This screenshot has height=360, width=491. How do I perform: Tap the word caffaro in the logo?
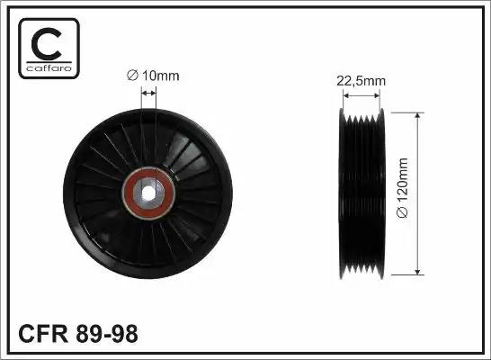(x=49, y=67)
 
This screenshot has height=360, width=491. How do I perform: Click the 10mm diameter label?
(x=153, y=76)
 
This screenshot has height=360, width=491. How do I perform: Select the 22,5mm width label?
(x=361, y=81)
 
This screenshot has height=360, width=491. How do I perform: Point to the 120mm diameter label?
(x=402, y=188)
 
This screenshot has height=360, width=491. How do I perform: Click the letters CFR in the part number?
(x=43, y=334)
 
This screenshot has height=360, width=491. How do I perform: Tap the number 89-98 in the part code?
(x=106, y=334)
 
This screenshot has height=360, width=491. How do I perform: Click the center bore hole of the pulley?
(x=147, y=193)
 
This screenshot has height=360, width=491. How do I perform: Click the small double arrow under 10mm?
(x=148, y=93)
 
